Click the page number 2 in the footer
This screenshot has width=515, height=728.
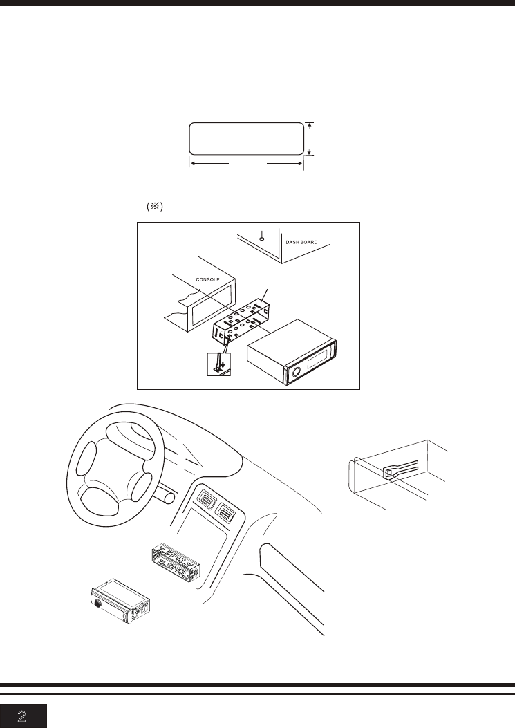pos(24,716)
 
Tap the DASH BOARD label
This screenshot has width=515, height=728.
pos(306,242)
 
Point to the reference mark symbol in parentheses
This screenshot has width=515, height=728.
pos(153,207)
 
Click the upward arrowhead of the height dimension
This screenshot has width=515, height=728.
pos(311,125)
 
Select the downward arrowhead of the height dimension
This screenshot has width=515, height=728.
pos(311,152)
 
